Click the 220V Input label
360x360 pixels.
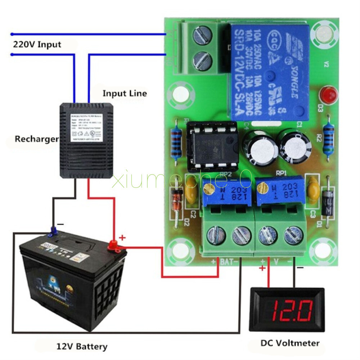(x=37, y=45)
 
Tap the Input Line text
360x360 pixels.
(x=125, y=94)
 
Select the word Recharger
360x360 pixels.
(x=36, y=139)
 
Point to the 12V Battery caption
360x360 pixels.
(x=82, y=347)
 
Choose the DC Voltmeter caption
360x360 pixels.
(x=290, y=343)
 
